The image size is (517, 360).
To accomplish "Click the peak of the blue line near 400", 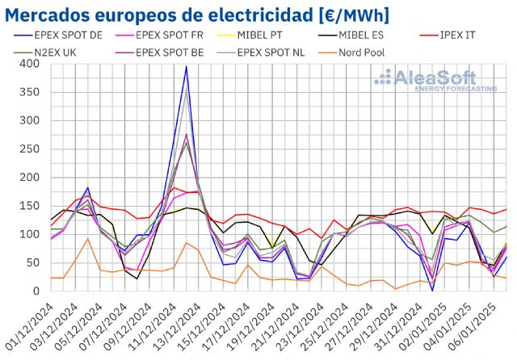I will pos(187,67).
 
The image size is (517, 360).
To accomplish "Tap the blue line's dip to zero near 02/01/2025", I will pos(432,290).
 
